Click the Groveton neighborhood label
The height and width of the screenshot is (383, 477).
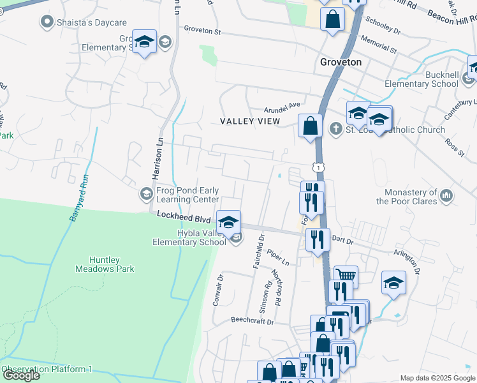[340, 63]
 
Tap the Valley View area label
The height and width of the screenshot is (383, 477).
[250, 121]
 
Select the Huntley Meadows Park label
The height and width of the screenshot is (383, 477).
[107, 264]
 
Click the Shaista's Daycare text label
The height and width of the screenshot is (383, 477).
[92, 22]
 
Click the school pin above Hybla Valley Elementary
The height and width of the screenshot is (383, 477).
[228, 222]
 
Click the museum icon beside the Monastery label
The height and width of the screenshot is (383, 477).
[446, 194]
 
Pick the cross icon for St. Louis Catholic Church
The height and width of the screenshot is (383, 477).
[336, 130]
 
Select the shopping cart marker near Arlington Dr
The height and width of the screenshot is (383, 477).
[346, 276]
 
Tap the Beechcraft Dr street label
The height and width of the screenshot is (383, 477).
[252, 321]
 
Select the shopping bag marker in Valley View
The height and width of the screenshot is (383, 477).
[310, 125]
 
